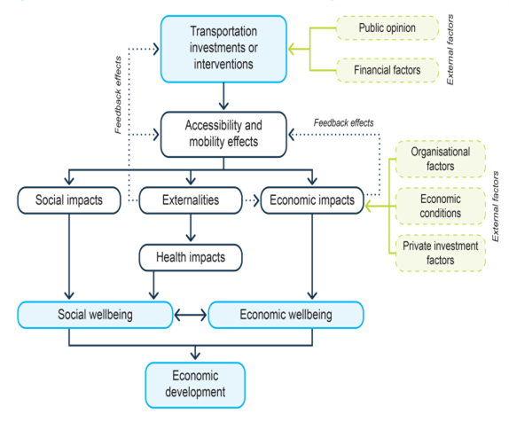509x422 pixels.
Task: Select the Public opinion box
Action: tap(388, 28)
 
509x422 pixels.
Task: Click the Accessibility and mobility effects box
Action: tap(223, 134)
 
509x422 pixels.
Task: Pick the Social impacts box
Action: tap(67, 200)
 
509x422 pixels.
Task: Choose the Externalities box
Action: tap(190, 200)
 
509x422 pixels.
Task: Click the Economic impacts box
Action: tap(309, 200)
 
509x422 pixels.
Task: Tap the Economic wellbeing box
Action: tap(286, 315)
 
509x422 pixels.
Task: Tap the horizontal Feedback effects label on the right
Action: tap(345, 122)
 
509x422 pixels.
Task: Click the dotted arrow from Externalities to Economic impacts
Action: tap(250, 200)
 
